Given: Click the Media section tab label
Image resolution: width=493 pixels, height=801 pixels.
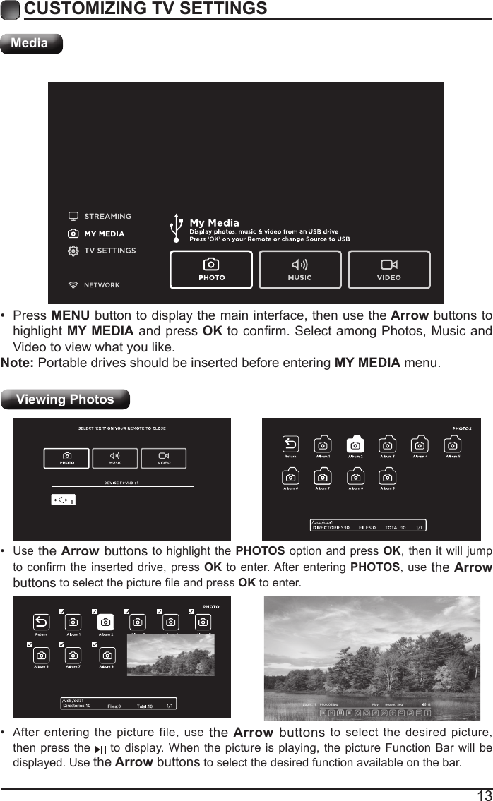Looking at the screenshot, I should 30,43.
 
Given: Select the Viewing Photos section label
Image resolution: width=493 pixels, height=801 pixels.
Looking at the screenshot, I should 65,399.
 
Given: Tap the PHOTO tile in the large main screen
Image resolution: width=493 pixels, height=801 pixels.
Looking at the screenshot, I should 210,270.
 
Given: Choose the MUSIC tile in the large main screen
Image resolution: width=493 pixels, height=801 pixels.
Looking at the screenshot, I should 299,270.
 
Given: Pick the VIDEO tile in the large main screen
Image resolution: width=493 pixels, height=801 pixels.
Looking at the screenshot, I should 388,270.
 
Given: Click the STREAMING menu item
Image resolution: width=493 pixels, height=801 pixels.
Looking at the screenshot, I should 107,216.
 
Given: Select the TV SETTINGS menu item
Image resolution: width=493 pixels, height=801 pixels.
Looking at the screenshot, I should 109,251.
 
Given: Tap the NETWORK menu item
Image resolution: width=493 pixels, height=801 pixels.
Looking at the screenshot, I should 102,285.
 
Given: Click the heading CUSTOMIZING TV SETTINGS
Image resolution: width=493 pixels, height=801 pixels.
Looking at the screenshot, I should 145,8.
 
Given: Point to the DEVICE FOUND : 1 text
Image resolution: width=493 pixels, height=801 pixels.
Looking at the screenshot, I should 121,483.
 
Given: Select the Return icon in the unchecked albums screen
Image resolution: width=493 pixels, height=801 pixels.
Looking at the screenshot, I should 290,445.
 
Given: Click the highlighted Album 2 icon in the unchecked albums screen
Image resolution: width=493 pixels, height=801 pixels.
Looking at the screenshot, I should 355,445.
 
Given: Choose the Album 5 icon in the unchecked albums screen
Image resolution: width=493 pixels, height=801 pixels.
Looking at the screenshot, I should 453,445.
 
